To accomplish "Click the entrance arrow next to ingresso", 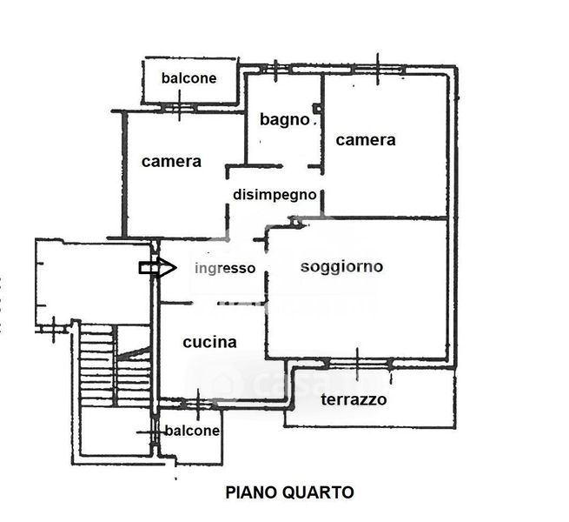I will point(157,268).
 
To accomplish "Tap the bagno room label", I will point(284,119).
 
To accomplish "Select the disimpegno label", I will point(275,195).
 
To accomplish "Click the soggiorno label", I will point(341,266).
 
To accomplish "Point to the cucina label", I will point(209,342).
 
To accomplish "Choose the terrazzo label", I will point(354,400).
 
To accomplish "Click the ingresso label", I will point(225,268).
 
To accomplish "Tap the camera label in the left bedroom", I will point(171,161).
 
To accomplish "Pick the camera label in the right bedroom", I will point(366,139).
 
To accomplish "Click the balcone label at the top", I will point(189,78).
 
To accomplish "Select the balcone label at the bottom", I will point(192,431).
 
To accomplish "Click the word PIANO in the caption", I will point(251,492).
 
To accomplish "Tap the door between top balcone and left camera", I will point(179,109).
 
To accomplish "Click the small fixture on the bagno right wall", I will point(318,109).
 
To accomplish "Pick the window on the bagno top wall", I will point(275,68).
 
